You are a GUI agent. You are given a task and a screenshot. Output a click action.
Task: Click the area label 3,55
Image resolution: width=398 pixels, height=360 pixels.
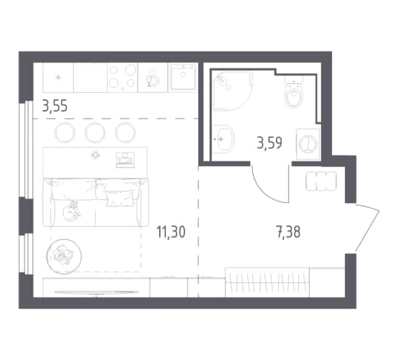click(55, 106)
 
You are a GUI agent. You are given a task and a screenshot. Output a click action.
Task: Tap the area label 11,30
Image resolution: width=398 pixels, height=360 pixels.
click(171, 232)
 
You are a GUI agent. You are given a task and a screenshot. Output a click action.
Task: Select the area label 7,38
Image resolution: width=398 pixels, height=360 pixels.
click(288, 232)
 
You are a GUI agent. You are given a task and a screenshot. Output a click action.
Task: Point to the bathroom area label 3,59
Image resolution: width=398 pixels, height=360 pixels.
click(270, 143)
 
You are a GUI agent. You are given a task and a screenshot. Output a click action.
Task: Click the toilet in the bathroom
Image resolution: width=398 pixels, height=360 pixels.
click(294, 91)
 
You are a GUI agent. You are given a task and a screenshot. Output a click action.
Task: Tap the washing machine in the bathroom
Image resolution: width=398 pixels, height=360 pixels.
click(308, 144)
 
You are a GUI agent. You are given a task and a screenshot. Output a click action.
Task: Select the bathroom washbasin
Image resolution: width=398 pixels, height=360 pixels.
click(224, 139)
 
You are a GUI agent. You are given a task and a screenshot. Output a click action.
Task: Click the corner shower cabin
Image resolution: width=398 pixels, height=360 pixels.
click(233, 91)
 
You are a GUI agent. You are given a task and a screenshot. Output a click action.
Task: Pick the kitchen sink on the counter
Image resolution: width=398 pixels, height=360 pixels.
click(183, 77)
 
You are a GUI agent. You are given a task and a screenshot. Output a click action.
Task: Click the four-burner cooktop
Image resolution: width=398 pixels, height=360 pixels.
click(122, 77)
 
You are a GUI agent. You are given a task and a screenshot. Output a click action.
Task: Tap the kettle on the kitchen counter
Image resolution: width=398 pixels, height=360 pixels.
click(153, 79)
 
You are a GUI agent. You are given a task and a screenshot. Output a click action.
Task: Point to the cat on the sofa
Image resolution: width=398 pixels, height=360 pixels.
click(71, 211)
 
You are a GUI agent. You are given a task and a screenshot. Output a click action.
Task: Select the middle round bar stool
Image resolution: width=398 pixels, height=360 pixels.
click(95, 133)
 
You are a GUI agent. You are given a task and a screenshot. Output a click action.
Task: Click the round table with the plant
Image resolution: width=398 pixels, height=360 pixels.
click(64, 257)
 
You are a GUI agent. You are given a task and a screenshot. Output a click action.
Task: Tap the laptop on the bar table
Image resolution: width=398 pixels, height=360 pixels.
click(125, 160)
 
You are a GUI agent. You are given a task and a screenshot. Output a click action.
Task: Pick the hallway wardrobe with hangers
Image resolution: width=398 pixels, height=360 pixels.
click(267, 282)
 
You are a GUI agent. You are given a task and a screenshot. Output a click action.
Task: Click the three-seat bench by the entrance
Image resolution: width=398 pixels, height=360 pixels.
click(321, 181)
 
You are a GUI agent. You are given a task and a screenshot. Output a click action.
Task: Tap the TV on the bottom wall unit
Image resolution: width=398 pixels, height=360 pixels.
click(96, 292)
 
